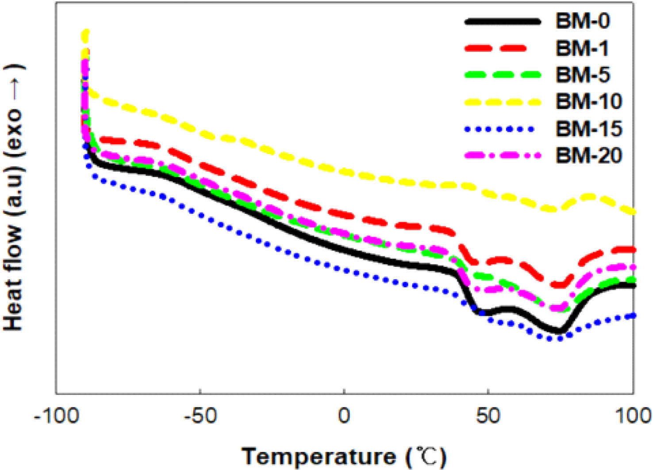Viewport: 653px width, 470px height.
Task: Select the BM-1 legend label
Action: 582,48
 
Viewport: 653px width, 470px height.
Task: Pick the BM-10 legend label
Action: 589,102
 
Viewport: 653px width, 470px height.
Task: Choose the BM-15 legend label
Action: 589,129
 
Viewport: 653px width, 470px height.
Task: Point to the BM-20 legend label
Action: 589,155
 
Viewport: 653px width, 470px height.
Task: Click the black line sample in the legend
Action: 503,21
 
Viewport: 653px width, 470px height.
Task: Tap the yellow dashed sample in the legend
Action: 503,102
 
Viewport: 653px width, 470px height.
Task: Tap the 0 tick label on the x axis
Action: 344,416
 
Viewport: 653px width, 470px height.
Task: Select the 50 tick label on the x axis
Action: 488,416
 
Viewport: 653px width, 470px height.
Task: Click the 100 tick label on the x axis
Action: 634,416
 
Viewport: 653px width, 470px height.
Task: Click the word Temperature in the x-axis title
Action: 319,456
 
